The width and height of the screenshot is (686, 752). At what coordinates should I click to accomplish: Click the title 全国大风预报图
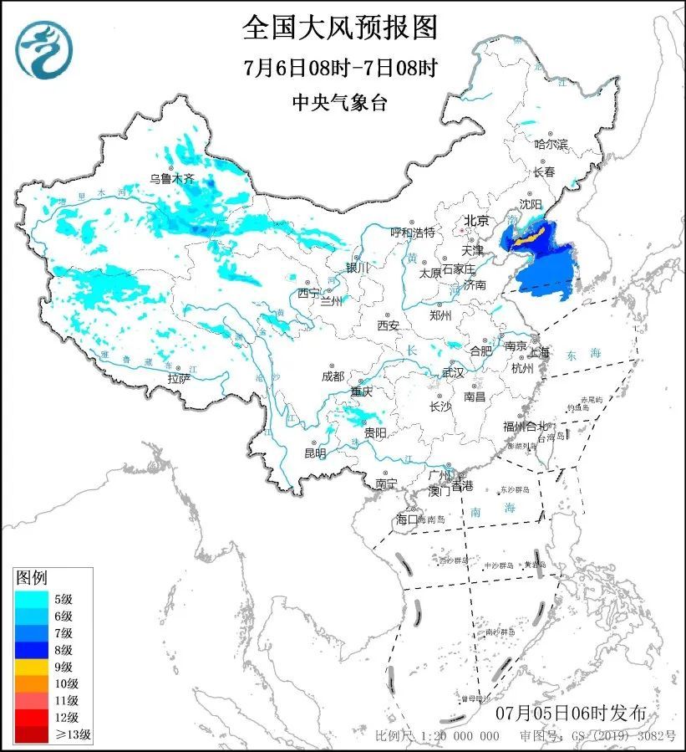click(340, 28)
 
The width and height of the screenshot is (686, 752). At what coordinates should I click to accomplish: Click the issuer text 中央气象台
click(340, 102)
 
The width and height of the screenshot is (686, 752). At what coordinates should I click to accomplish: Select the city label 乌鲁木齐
click(171, 178)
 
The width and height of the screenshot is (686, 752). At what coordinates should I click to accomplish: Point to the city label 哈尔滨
click(551, 145)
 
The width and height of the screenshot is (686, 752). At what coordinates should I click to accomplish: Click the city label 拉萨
click(179, 378)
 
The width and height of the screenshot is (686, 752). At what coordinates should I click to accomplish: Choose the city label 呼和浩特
click(413, 232)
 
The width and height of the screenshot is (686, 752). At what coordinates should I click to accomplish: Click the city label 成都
click(333, 376)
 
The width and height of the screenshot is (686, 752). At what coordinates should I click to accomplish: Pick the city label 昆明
click(315, 453)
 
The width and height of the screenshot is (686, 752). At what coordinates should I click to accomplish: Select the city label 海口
click(405, 519)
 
